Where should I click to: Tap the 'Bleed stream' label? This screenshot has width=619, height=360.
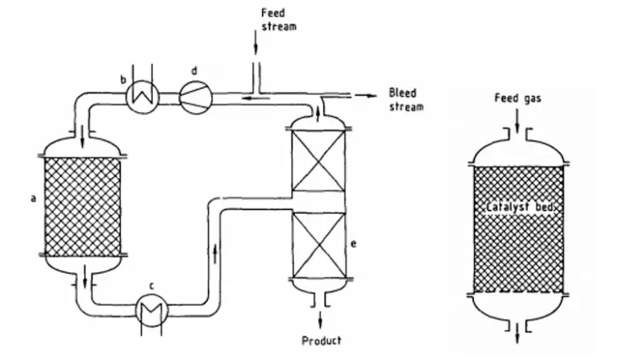[x=405, y=100]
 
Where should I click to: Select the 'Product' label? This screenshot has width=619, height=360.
[x=321, y=340]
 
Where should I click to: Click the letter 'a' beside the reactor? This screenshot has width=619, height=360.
[x=33, y=195]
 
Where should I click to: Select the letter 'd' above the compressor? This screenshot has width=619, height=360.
[x=195, y=71]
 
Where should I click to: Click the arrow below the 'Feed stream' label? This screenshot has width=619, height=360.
[x=255, y=46]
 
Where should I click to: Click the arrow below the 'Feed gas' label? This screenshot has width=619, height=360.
[x=516, y=122]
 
